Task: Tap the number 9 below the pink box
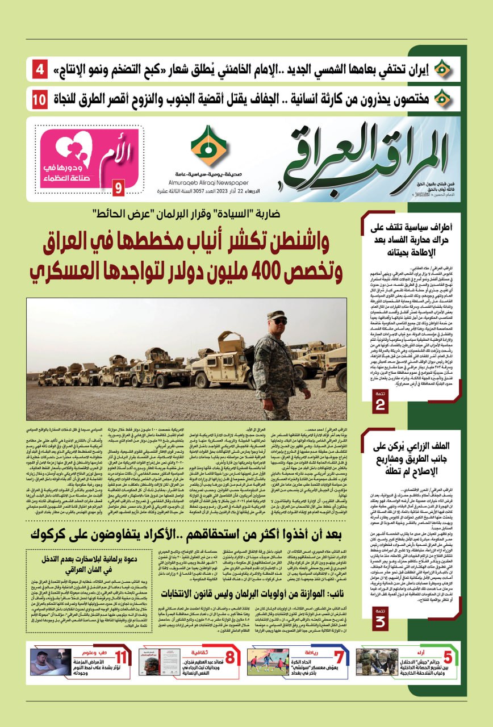click(x=118, y=187)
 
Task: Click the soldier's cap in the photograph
click(x=278, y=315)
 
